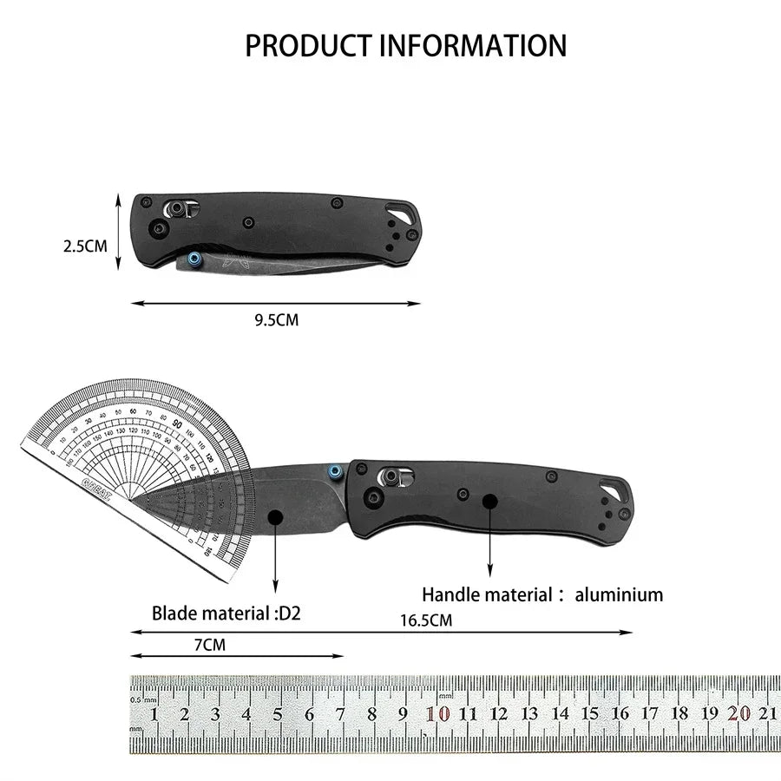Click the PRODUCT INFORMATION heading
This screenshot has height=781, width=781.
pyautogui.click(x=405, y=45)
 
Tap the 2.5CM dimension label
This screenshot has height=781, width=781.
pyautogui.click(x=85, y=246)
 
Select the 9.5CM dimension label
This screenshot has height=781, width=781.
pyautogui.click(x=276, y=319)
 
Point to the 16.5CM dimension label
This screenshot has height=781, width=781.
pyautogui.click(x=425, y=620)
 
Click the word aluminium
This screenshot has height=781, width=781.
pyautogui.click(x=619, y=595)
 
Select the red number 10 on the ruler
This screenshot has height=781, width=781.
pyautogui.click(x=437, y=714)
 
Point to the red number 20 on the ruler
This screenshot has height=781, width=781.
pyautogui.click(x=739, y=713)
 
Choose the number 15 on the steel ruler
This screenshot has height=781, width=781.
pyautogui.click(x=590, y=713)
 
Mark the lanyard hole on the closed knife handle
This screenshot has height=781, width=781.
pyautogui.click(x=400, y=211)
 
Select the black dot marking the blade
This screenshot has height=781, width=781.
pyautogui.click(x=276, y=517)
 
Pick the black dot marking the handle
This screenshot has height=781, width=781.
pyautogui.click(x=490, y=501)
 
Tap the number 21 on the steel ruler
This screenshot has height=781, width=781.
pyautogui.click(x=767, y=713)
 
